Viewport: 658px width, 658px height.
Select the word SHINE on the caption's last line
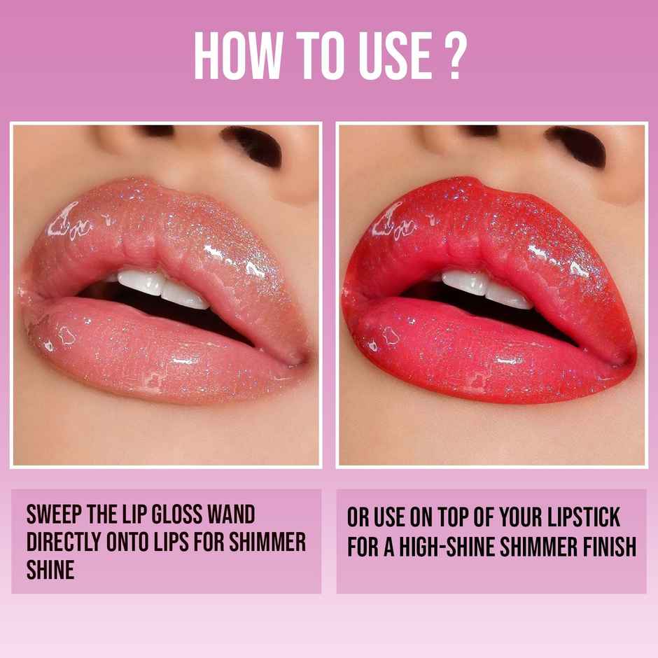point(50,570)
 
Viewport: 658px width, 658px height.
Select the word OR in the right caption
point(358,518)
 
